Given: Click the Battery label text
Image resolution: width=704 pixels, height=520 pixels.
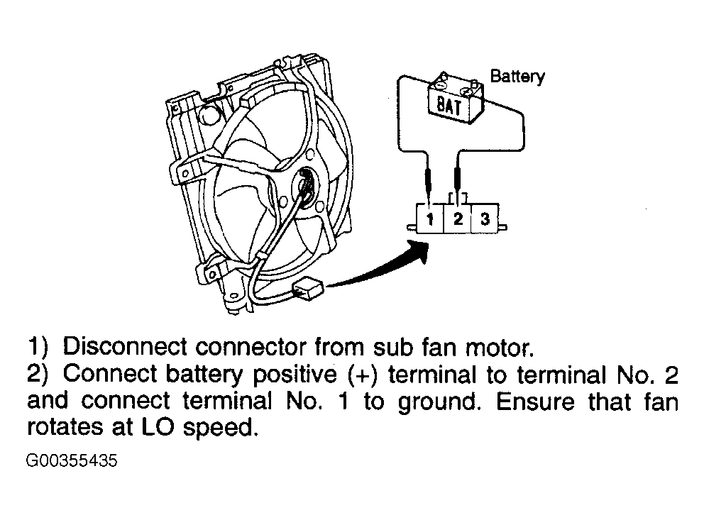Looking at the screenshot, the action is pyautogui.click(x=517, y=77).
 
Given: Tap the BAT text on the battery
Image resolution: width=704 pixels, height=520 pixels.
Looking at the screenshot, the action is pyautogui.click(x=449, y=106).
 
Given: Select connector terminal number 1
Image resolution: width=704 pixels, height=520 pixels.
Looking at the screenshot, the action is pyautogui.click(x=430, y=219).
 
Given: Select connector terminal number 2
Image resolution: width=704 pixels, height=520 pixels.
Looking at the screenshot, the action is pyautogui.click(x=458, y=219).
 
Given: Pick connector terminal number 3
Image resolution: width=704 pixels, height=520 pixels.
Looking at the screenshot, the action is pyautogui.click(x=485, y=219).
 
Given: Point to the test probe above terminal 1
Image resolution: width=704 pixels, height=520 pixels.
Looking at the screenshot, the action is pyautogui.click(x=429, y=184).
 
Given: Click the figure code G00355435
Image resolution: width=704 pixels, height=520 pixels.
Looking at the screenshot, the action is pyautogui.click(x=72, y=461).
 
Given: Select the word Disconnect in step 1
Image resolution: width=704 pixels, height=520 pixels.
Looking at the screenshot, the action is pyautogui.click(x=124, y=347).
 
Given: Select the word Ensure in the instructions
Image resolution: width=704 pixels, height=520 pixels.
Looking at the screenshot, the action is pyautogui.click(x=535, y=401).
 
